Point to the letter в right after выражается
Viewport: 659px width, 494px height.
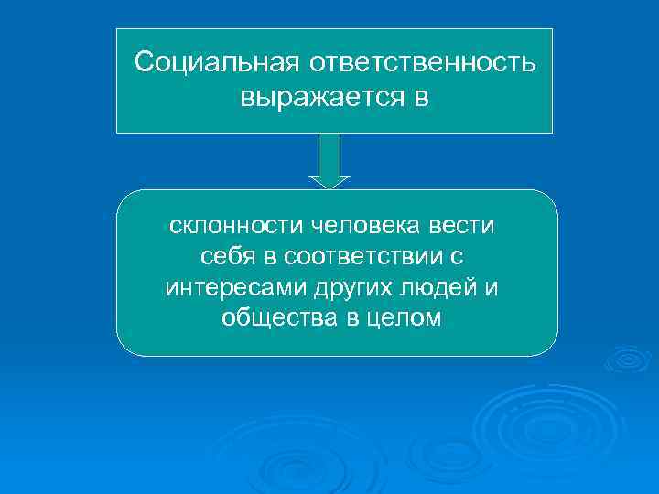[419, 95]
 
